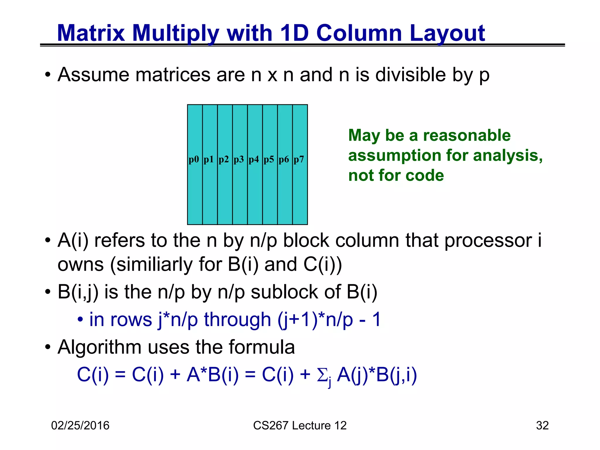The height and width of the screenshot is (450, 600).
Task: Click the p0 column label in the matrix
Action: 194,160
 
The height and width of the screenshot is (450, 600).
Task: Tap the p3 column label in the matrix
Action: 239,160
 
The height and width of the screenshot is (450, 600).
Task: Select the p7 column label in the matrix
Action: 299,160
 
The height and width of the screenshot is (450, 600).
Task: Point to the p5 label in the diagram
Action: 269,160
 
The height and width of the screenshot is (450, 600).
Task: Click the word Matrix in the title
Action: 91,33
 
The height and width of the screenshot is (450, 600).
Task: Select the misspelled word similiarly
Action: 151,264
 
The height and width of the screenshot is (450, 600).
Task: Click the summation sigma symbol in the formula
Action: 322,375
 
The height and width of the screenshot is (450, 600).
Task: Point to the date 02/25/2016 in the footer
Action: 80,425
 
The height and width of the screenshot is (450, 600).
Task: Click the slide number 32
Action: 542,425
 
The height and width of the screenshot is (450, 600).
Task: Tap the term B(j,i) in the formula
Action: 396,375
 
